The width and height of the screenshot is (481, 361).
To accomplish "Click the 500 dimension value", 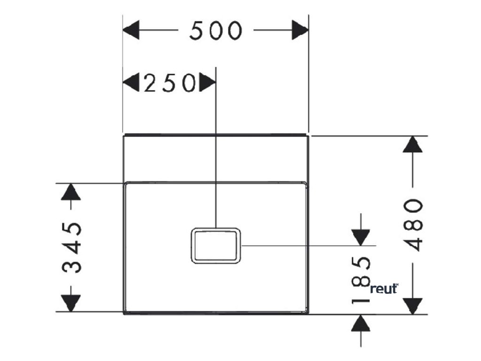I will point(216,31).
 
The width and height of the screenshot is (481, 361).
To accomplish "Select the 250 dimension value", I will point(169,83).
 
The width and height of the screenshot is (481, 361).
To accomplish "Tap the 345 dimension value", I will point(72,247).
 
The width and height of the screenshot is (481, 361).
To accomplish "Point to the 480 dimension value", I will point(413,225).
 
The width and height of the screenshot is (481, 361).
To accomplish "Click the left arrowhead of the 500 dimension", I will point(132,31).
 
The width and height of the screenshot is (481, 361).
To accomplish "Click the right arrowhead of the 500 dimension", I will point(300,31).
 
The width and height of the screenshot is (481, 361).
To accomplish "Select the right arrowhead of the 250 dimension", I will point(207,83).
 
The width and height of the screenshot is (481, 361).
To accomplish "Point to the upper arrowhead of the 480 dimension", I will point(412,145).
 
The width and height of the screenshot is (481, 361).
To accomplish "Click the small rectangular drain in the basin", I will point(216,245).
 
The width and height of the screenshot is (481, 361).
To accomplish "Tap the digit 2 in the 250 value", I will point(150,83).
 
